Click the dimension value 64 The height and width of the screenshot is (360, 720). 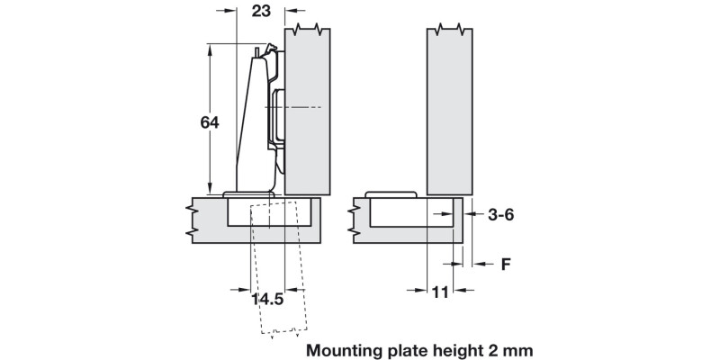coord(210,122)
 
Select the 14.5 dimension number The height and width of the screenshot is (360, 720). coord(267,298)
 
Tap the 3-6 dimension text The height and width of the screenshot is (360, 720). coord(501,215)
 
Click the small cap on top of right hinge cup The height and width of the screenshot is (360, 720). coord(390,193)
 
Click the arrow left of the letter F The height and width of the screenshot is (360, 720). coord(476,265)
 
